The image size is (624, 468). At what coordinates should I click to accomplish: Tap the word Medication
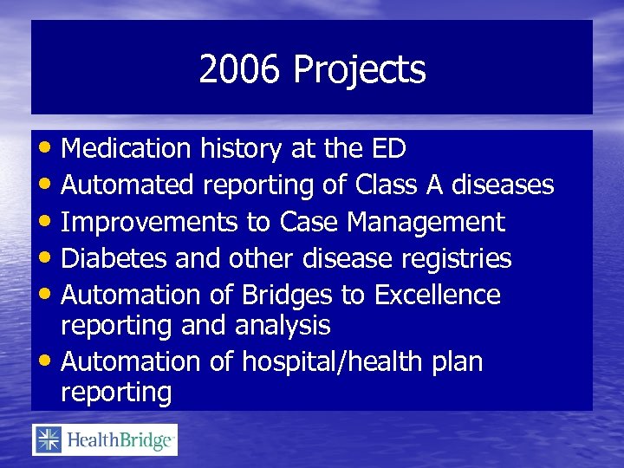click(x=127, y=149)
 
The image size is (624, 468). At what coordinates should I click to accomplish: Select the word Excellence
click(x=437, y=295)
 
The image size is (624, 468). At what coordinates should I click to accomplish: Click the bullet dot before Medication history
click(x=49, y=150)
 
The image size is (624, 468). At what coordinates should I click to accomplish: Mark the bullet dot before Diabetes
click(x=49, y=259)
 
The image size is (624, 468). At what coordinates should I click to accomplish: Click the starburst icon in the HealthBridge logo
click(x=48, y=440)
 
